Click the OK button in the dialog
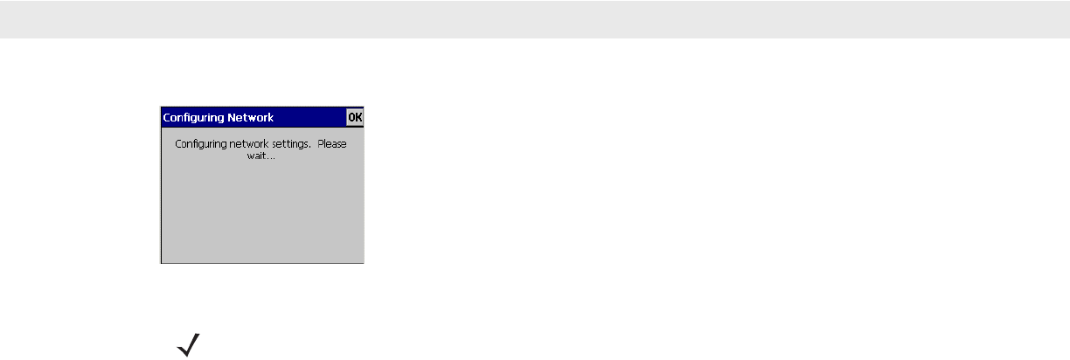coord(355,117)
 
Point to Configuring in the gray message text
coord(200,144)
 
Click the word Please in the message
coord(332,144)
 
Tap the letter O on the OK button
coord(351,117)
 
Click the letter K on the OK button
coord(358,117)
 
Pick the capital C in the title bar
coord(166,117)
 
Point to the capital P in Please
coord(320,144)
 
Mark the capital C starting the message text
coord(178,144)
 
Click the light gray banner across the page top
coord(535,18)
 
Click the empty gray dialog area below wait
coord(262,214)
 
